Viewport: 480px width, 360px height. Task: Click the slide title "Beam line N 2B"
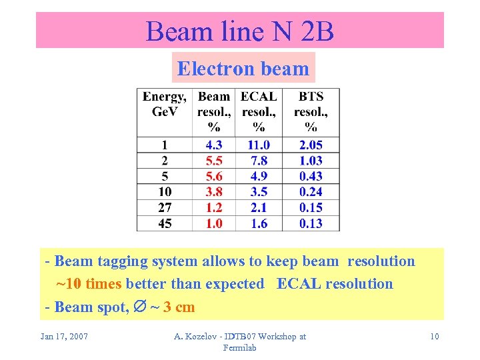click(239, 31)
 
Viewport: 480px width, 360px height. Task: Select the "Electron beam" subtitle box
click(243, 68)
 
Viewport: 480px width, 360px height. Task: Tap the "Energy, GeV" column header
click(165, 104)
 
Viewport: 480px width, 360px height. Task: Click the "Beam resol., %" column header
click(214, 111)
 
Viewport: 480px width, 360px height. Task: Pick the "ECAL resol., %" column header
click(259, 111)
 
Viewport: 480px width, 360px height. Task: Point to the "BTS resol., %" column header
click(311, 111)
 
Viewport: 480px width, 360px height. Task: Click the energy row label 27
click(165, 208)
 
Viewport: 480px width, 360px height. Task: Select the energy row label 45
click(165, 223)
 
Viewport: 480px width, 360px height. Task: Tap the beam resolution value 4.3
click(214, 145)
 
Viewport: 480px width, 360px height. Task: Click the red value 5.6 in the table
click(214, 176)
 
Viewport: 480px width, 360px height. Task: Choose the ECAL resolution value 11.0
click(259, 145)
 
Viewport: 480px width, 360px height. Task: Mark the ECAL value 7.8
click(259, 161)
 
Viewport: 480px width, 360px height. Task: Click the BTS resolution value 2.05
click(311, 145)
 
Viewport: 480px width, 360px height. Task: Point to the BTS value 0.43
click(311, 176)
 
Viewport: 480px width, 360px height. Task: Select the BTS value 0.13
click(311, 223)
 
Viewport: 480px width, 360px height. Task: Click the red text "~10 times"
click(89, 284)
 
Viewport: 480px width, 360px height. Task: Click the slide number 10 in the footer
click(434, 336)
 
